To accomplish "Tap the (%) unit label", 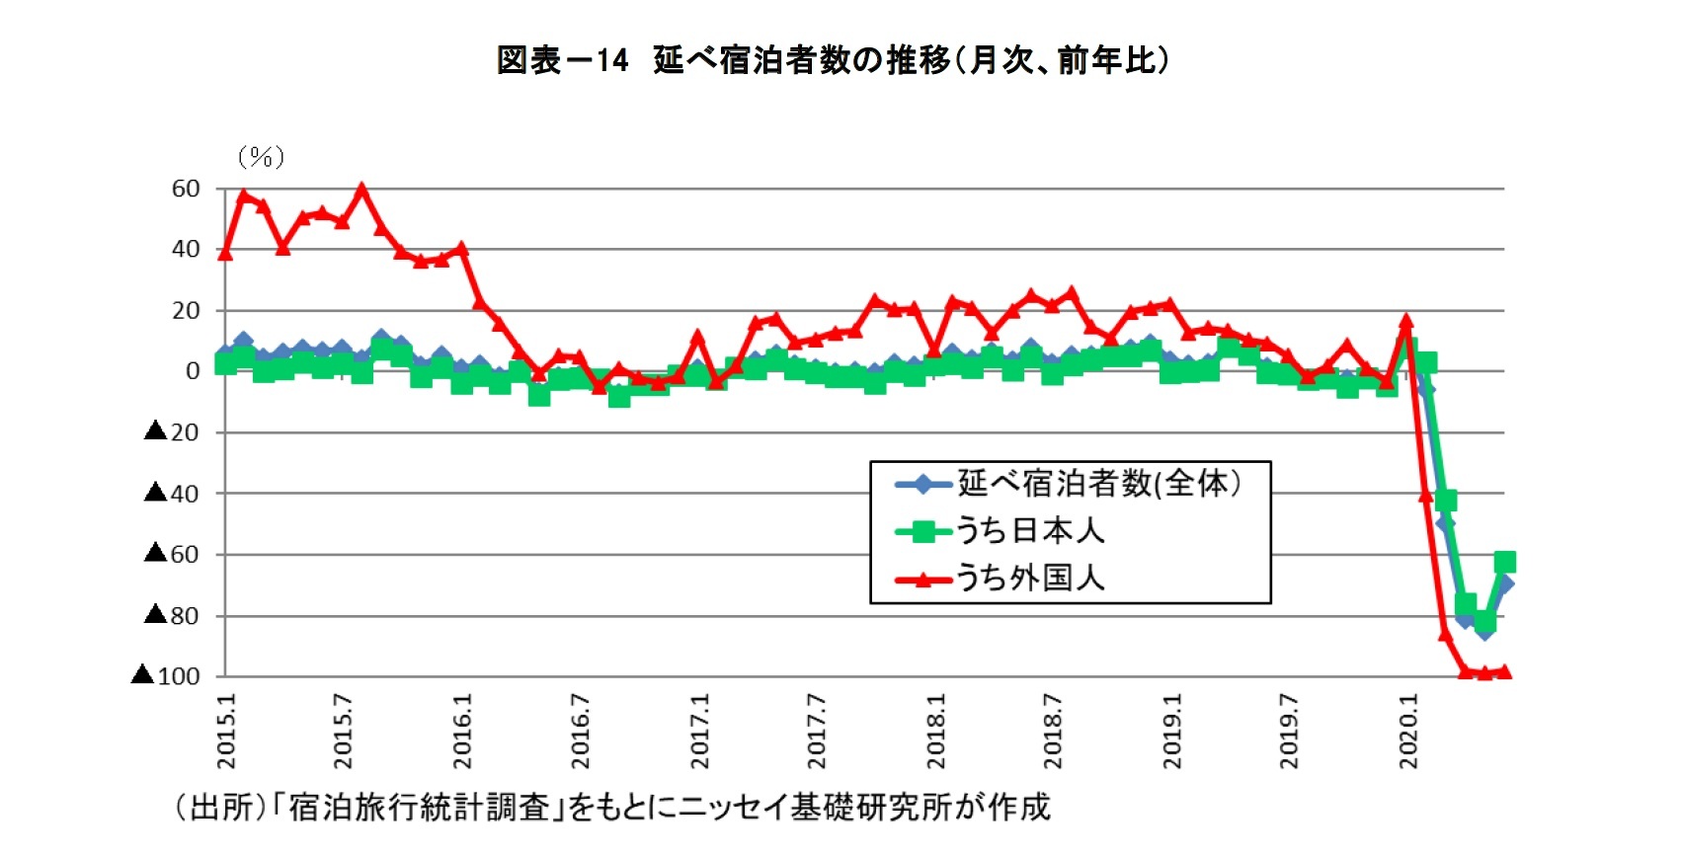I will point(261,157).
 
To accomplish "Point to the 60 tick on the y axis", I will point(186,189).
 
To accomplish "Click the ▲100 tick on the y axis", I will point(166,676).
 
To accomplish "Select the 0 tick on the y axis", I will point(192,371).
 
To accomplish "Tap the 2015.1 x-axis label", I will point(226,731).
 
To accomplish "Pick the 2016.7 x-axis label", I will point(581,731).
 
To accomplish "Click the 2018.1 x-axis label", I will point(935,731).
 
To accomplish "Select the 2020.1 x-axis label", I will point(1408,731).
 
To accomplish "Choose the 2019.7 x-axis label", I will point(1289,731).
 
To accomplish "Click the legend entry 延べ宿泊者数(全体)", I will point(1098,484).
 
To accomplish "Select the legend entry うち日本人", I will point(1030,531).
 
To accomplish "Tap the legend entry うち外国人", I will point(1030,578).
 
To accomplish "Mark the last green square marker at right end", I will point(1504,562).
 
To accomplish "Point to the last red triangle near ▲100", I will point(1504,672).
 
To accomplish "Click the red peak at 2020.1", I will point(1406,321).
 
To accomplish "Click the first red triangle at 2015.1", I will point(225,254).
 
